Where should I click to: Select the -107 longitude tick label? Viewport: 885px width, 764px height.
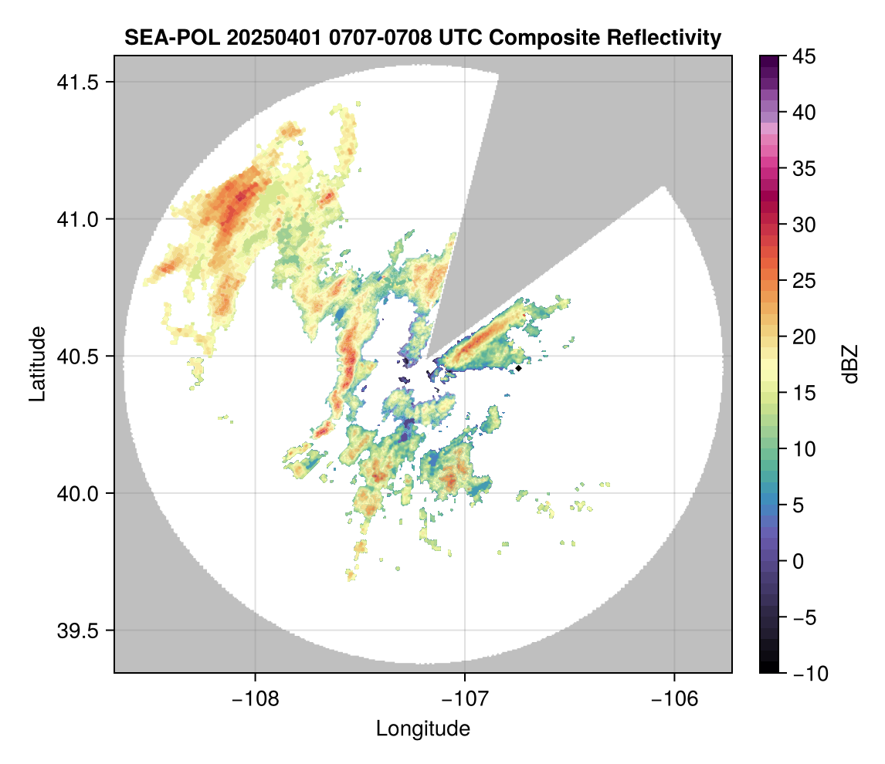point(465,698)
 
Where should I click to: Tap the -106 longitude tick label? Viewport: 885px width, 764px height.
point(675,698)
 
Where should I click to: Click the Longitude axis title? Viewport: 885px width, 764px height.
point(422,729)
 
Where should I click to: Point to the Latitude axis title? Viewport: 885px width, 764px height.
point(37,363)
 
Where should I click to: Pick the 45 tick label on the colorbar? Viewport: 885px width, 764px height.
point(805,56)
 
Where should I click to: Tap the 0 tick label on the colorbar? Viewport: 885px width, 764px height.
point(799,561)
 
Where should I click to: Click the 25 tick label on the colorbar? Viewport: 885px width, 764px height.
point(805,281)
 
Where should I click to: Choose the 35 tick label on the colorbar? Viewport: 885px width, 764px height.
point(805,168)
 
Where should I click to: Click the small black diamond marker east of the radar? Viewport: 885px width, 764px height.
point(519,368)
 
